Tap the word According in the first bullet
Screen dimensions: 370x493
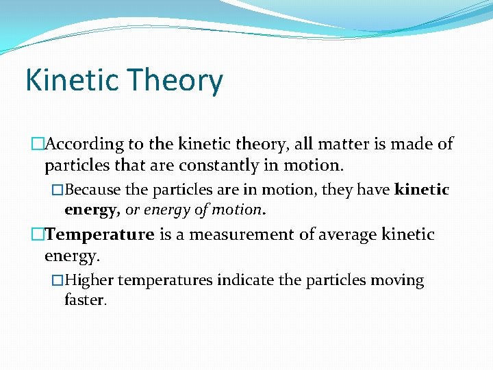[84, 145]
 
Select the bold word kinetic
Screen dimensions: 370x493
[422, 189]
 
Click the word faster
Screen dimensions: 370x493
[84, 300]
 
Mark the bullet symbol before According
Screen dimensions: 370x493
[37, 145]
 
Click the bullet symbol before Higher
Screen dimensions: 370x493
[58, 280]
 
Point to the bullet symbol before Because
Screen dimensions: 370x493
[58, 189]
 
